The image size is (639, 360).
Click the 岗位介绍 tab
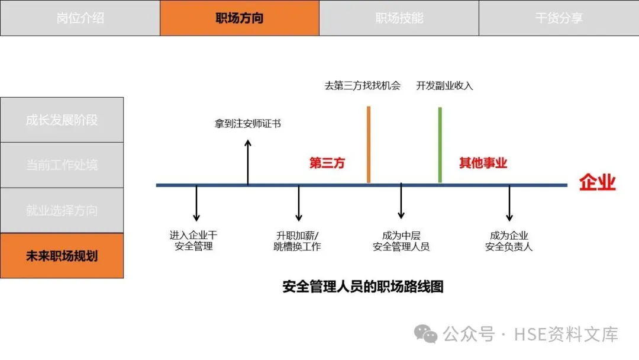(x=80, y=18)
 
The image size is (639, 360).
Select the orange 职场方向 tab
(x=240, y=18)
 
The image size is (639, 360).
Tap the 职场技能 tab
(x=399, y=18)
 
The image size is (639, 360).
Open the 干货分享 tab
(x=559, y=18)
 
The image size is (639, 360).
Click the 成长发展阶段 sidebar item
(x=62, y=120)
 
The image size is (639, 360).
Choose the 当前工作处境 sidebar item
(x=62, y=165)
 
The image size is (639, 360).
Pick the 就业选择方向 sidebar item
(x=62, y=210)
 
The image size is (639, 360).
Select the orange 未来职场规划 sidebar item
(x=62, y=256)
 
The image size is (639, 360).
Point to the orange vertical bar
(x=369, y=144)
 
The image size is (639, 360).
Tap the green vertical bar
(x=440, y=144)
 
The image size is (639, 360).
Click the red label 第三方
(x=327, y=163)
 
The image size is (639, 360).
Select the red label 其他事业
(x=483, y=163)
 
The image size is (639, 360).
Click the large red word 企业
(x=597, y=182)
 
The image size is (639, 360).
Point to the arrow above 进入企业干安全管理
(x=196, y=204)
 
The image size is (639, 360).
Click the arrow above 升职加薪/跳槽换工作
(x=299, y=204)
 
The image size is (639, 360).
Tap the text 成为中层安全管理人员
(x=401, y=241)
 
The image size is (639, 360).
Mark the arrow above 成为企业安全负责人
(x=509, y=204)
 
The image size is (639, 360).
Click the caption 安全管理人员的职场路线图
(x=363, y=287)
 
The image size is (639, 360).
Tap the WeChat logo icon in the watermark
(x=426, y=333)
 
